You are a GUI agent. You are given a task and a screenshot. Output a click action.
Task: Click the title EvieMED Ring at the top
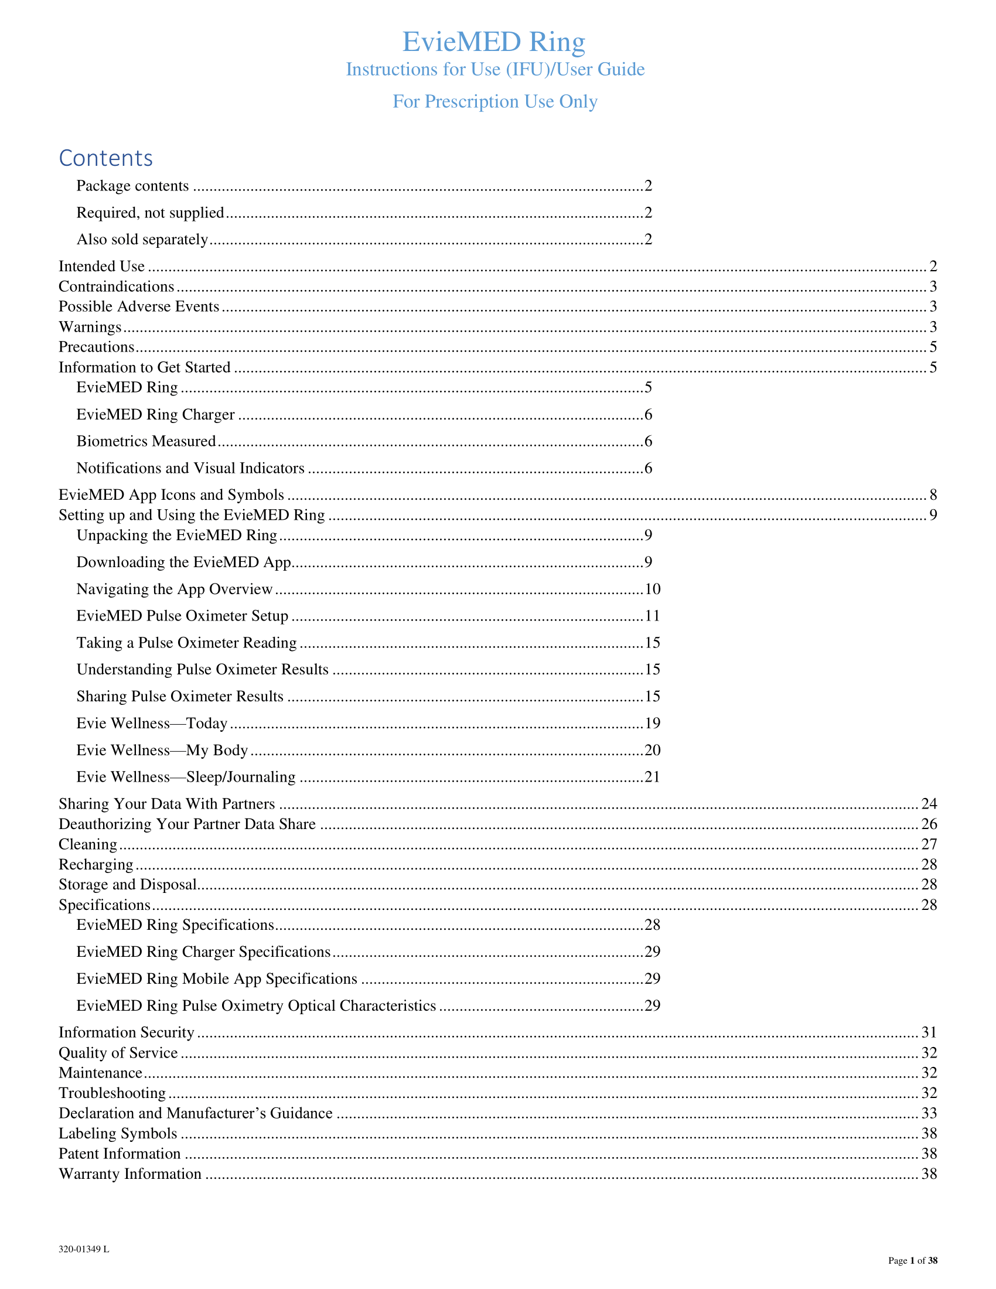[x=493, y=42]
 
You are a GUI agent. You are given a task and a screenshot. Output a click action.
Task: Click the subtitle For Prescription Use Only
[x=494, y=101]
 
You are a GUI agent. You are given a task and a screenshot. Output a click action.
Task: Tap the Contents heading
[x=105, y=158]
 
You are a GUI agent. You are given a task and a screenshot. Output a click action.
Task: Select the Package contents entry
[x=133, y=186]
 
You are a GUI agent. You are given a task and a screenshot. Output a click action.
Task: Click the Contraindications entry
[x=116, y=287]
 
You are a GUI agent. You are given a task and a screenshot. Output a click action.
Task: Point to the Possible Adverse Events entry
[x=139, y=306]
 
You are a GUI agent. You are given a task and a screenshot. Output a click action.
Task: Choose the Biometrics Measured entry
[x=146, y=441]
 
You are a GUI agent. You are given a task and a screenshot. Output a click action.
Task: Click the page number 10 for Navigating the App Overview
[x=652, y=589]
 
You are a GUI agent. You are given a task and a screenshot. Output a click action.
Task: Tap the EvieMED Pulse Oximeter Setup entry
[x=182, y=616]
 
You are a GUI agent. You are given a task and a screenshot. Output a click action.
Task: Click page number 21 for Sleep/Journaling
[x=652, y=778]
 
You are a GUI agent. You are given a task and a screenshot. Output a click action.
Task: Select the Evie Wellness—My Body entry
[x=162, y=750]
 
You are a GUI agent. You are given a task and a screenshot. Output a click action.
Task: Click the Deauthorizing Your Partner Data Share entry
[x=187, y=824]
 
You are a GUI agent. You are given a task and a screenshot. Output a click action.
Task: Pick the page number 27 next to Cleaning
[x=929, y=844]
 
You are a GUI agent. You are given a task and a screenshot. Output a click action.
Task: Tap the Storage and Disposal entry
[x=128, y=885]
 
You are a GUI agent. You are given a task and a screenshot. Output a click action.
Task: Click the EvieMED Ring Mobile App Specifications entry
[x=217, y=979]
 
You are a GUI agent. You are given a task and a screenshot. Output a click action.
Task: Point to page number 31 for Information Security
[x=929, y=1032]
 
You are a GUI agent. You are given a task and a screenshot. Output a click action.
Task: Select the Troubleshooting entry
[x=112, y=1093]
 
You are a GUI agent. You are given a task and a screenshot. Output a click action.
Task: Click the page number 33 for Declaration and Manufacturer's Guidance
[x=929, y=1113]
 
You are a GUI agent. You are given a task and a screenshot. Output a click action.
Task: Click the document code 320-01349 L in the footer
[x=84, y=1250]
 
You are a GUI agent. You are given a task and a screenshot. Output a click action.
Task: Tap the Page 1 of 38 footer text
[x=912, y=1261]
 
